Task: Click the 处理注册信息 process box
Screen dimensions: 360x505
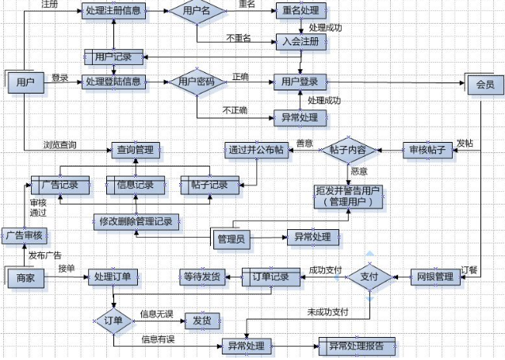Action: pos(114,12)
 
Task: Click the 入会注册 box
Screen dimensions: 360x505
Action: pos(299,41)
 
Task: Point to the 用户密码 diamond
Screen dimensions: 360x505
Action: pos(197,82)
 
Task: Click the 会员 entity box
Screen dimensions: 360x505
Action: pos(484,84)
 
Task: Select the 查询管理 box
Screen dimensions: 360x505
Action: pos(136,148)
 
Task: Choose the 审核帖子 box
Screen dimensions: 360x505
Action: pos(429,150)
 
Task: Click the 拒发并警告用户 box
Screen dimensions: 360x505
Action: pos(349,196)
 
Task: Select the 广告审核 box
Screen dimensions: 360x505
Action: pos(24,236)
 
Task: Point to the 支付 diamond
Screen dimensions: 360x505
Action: pos(369,277)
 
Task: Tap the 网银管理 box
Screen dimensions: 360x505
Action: pos(434,277)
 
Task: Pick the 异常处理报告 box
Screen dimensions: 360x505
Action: pos(357,346)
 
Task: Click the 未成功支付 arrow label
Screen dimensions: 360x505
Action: pos(328,312)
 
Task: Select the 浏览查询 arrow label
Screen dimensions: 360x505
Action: pos(61,144)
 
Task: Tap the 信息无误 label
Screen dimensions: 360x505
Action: pos(156,314)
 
